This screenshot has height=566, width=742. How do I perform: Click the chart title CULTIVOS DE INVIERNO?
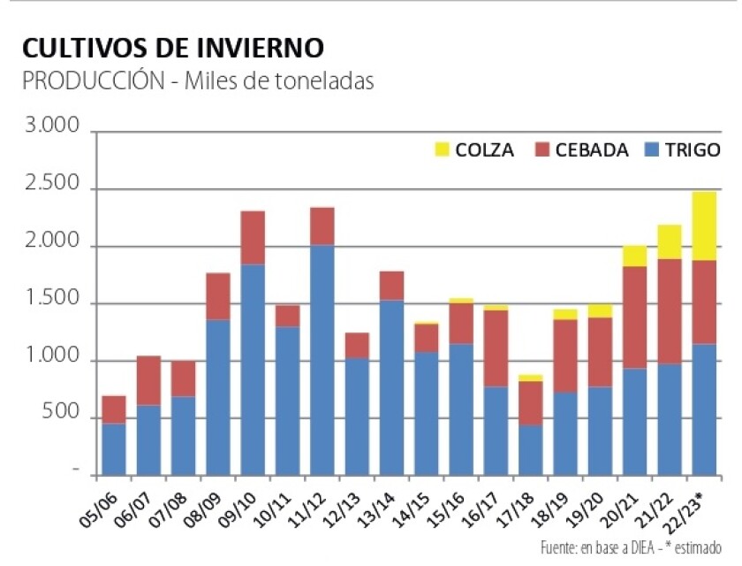coord(172,47)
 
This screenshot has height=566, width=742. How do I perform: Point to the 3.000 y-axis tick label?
coord(53,129)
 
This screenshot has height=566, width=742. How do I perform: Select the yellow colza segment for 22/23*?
coord(704,226)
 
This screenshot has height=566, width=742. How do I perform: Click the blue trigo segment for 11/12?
coord(322,358)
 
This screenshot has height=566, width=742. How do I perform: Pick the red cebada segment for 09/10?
coord(253,237)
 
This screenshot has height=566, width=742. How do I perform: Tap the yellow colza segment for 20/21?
coord(634,256)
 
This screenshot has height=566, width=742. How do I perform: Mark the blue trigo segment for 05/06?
coord(114,447)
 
